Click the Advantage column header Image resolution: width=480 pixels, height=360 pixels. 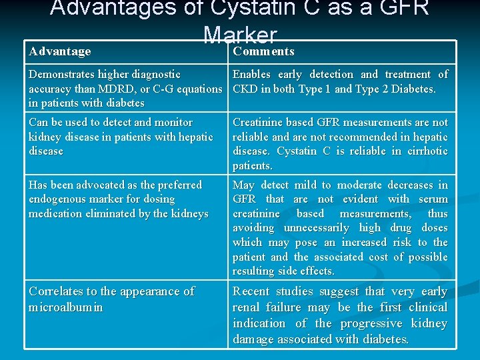click(60, 51)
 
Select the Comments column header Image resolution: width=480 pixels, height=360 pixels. click(263, 51)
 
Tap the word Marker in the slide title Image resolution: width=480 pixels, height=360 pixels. click(240, 35)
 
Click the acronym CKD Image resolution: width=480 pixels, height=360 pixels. click(245, 89)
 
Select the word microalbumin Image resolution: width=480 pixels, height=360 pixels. click(65, 307)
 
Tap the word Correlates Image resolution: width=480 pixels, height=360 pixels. click(59, 291)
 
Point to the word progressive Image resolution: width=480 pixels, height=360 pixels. click(375, 323)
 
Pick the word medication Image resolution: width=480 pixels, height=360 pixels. click(59, 213)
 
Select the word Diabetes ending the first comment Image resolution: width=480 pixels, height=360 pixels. click(411, 89)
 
